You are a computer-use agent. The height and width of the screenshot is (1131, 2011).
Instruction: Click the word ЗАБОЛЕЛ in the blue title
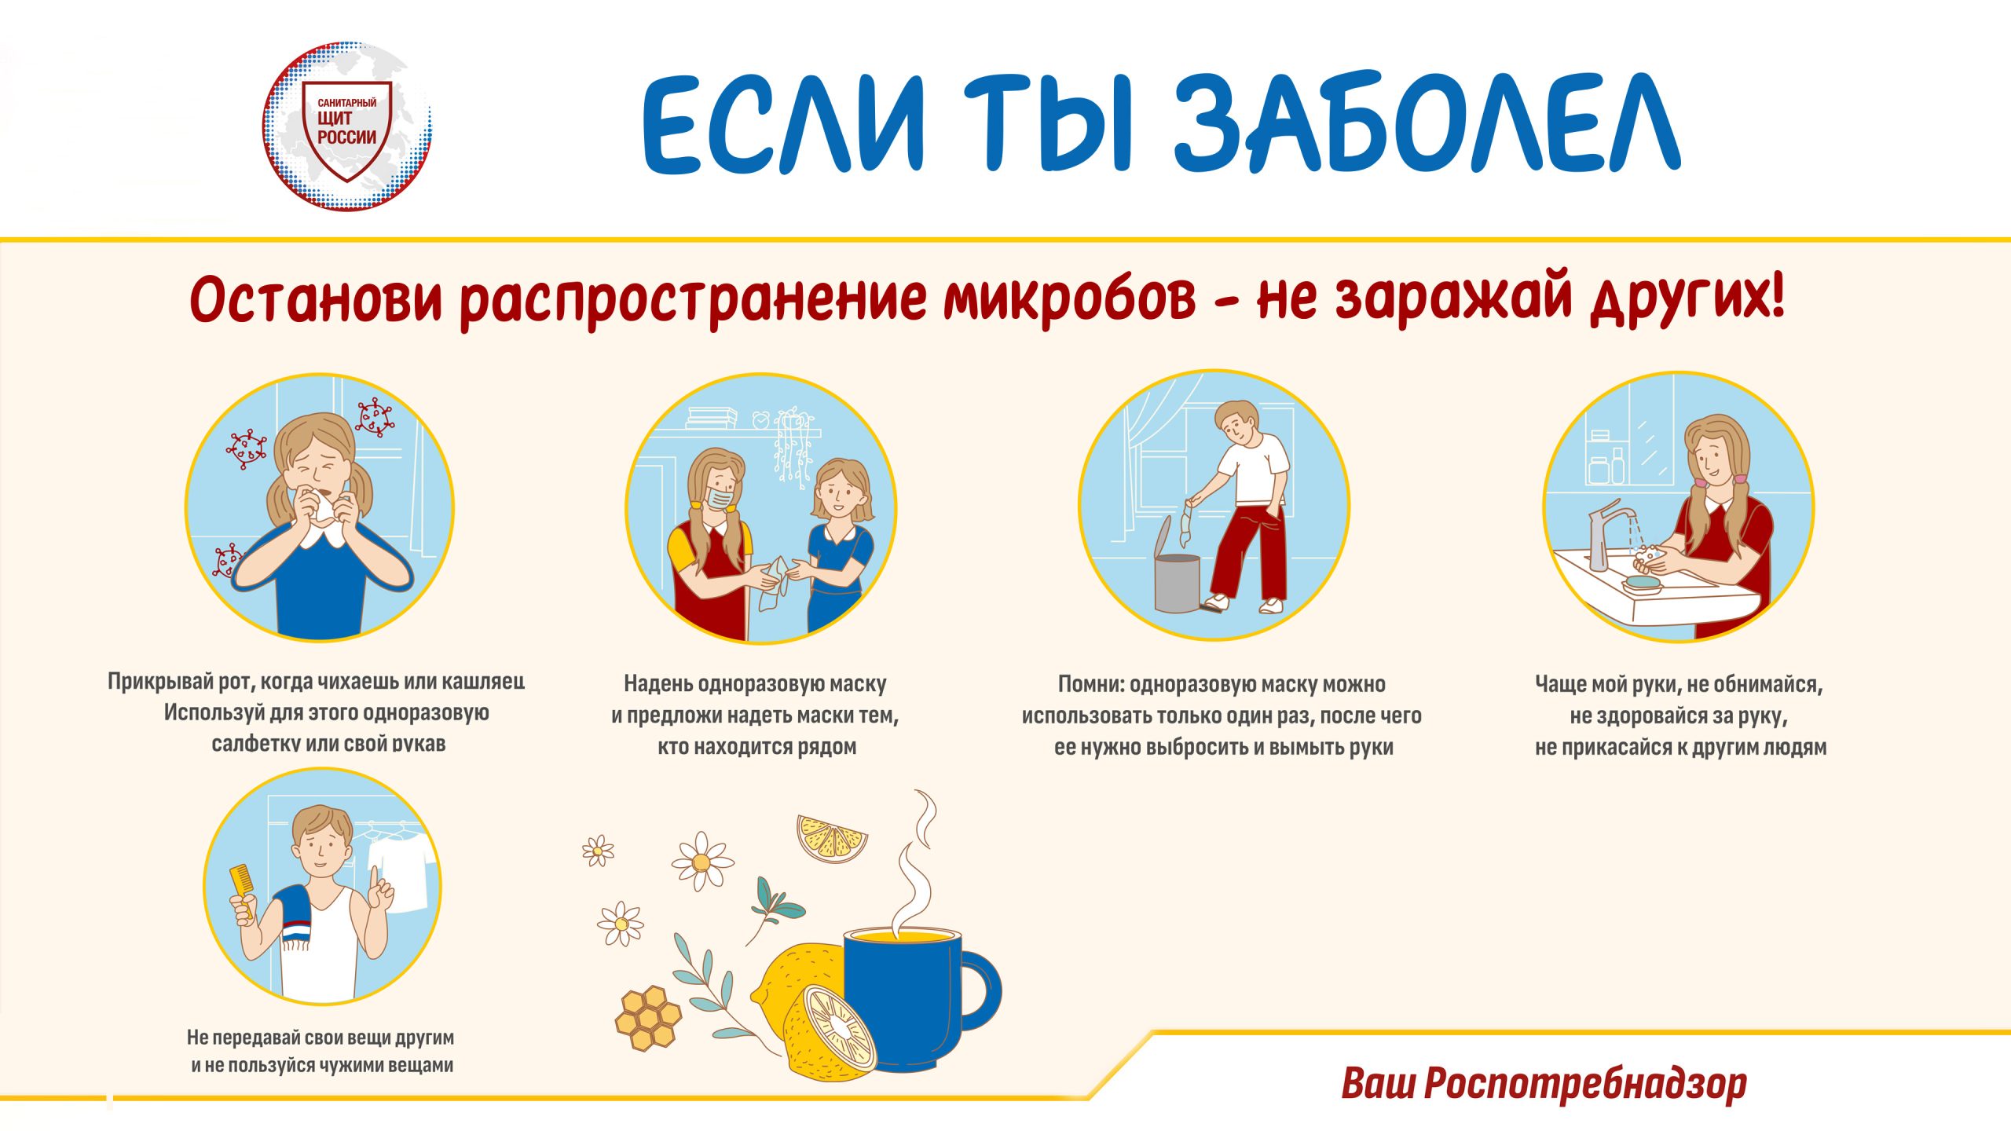1426,123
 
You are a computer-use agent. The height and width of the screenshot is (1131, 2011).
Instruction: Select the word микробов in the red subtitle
1069,298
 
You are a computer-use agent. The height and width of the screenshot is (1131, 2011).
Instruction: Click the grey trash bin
1178,577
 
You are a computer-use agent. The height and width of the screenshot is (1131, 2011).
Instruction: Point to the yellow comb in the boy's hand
241,891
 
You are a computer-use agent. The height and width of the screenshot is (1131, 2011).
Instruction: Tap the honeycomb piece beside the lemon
648,1018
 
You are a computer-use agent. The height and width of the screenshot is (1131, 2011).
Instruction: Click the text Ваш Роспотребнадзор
1544,1083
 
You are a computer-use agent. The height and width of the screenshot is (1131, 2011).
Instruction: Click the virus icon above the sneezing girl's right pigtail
375,417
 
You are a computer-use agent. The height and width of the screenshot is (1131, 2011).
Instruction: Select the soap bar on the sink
1642,582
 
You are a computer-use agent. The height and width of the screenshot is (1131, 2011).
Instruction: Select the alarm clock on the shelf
760,419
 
